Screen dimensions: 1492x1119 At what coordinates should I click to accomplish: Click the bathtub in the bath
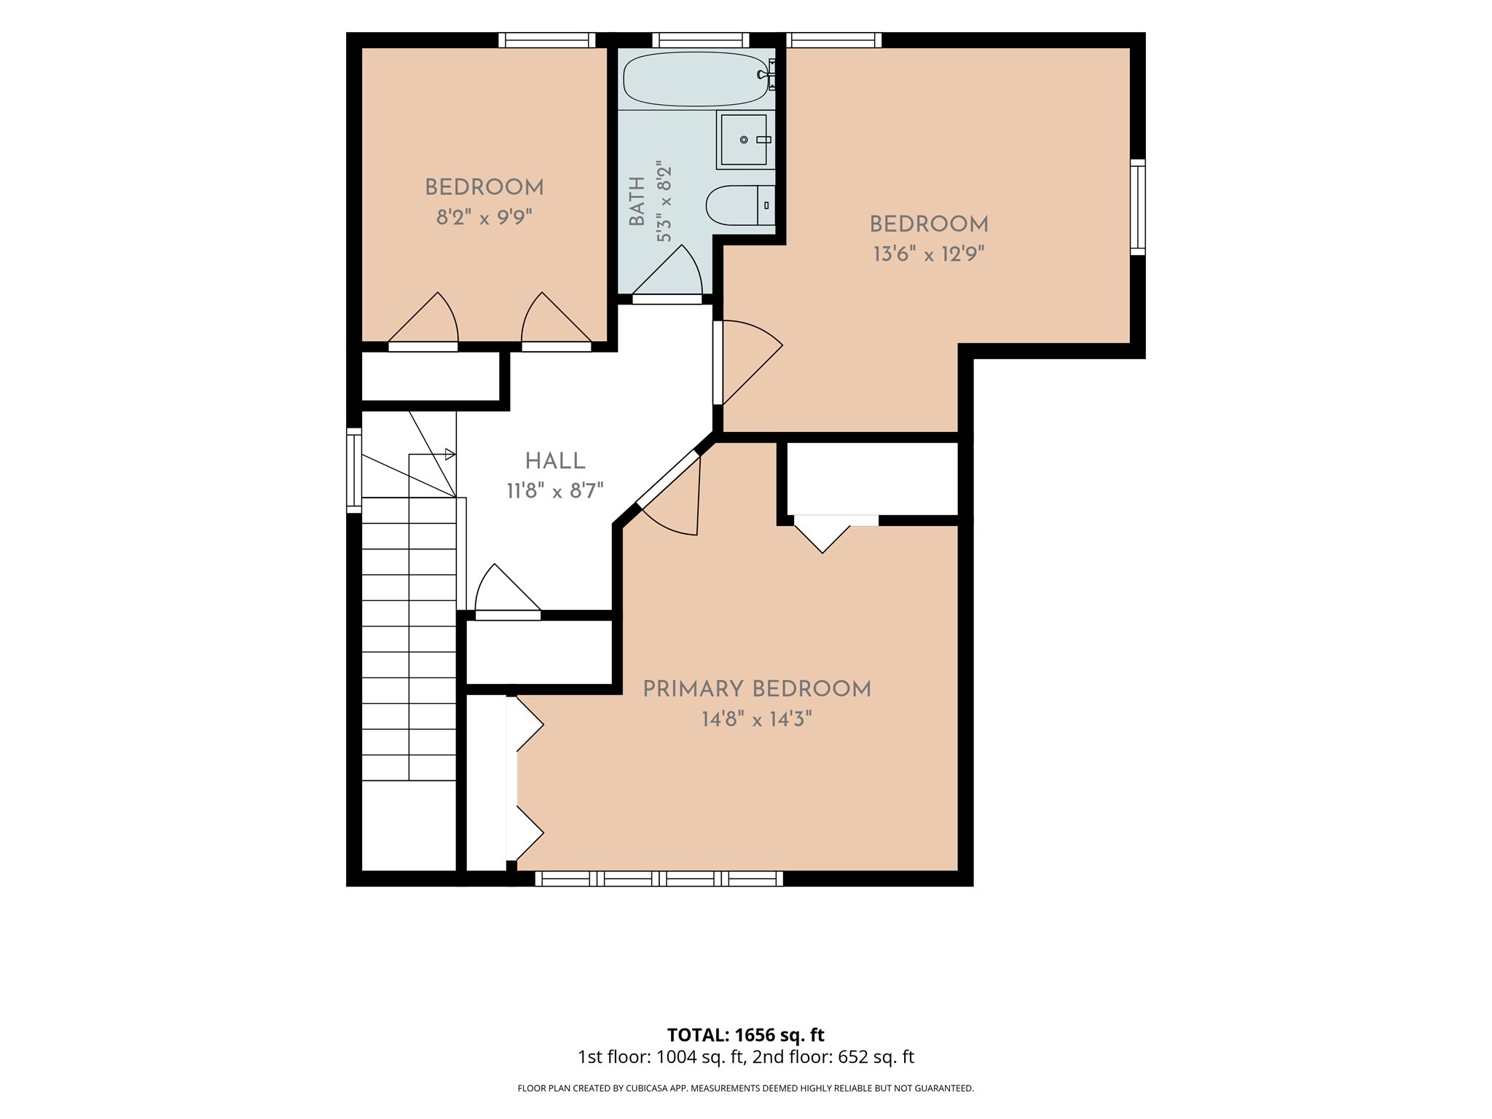pos(698,79)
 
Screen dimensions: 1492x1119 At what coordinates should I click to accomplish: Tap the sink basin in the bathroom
pos(744,140)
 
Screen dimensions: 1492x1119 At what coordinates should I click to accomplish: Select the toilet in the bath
pos(740,205)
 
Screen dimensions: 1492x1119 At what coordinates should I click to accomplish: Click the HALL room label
pos(555,461)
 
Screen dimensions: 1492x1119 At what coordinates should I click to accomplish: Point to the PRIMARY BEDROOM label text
pos(757,689)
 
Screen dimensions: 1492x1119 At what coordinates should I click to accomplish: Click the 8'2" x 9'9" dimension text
pos(484,217)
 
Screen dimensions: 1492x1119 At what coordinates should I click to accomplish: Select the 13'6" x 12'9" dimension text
pos(929,254)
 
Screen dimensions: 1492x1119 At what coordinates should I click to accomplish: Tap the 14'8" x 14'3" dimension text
pos(757,720)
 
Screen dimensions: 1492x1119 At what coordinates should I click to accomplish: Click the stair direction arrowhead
pos(450,455)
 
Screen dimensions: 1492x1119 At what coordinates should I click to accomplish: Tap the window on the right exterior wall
pos(1138,207)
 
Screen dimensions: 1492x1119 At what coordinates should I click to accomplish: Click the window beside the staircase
pos(354,470)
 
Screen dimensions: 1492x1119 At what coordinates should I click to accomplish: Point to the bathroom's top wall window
pos(701,40)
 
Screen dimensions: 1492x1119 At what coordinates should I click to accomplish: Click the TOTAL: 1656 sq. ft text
pos(746,1034)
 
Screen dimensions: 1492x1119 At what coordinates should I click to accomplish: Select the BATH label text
pos(637,201)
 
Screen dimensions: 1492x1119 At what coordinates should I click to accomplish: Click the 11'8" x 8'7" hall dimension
pos(555,491)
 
